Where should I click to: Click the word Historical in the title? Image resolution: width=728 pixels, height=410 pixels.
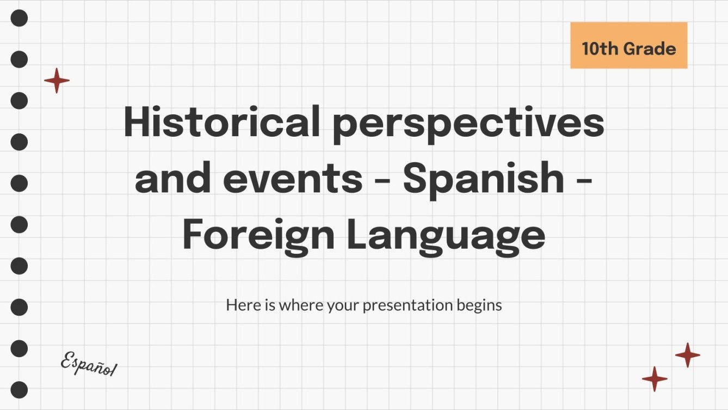click(x=221, y=122)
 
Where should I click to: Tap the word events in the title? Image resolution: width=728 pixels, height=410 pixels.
click(x=292, y=180)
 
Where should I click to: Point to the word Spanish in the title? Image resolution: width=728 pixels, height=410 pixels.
click(x=483, y=180)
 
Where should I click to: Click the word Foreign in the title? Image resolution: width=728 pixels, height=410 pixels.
click(x=258, y=236)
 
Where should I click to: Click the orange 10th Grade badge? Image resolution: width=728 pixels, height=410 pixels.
click(x=628, y=46)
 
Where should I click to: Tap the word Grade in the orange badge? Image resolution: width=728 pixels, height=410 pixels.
click(x=650, y=49)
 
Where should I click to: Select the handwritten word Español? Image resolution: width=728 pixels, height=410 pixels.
click(x=88, y=364)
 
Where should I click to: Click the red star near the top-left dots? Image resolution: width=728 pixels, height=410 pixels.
click(x=57, y=81)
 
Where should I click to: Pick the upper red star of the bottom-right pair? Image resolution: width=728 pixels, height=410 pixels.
click(x=688, y=355)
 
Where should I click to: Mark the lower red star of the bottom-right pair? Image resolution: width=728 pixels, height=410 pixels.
click(x=655, y=379)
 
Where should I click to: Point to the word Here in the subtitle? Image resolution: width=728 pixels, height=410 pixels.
click(x=240, y=305)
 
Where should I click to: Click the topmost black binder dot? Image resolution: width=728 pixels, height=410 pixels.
click(x=19, y=19)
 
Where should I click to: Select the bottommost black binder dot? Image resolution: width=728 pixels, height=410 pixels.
click(x=19, y=390)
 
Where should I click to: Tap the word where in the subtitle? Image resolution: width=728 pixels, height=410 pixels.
click(x=300, y=305)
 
